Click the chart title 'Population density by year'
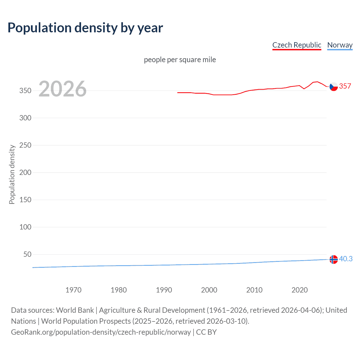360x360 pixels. tap(85, 28)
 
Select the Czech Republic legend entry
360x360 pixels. tap(297, 45)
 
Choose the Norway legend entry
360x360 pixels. tap(340, 45)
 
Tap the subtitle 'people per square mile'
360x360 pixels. tap(180, 60)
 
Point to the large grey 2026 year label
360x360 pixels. tap(62, 89)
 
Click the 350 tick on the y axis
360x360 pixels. tap(25, 91)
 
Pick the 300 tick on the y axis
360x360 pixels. tap(25, 118)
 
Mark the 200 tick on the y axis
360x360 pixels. tap(25, 172)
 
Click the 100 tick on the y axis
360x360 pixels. tap(25, 227)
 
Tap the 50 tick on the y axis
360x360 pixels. tap(27, 254)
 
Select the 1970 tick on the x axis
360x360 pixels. tap(73, 290)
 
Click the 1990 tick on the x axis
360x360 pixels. tap(164, 290)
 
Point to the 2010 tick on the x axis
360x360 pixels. tap(254, 290)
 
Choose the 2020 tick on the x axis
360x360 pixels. tap(300, 290)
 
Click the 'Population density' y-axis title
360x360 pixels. tap(12, 174)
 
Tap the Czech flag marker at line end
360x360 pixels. tap(334, 87)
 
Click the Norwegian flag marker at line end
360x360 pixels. tap(334, 259)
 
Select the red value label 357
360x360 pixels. tap(345, 86)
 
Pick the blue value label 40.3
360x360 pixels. tap(346, 259)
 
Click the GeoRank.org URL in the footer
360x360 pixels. tap(101, 332)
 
